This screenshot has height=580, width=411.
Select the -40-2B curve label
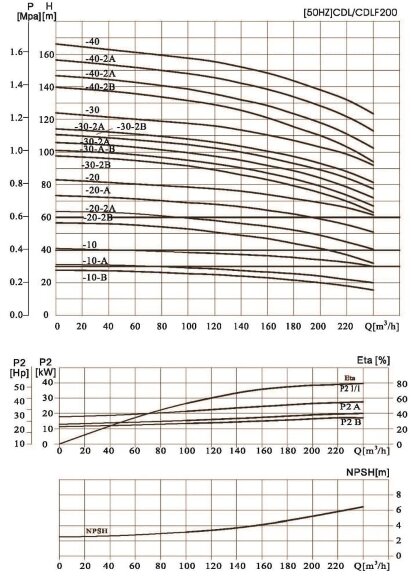pyautogui.click(x=101, y=87)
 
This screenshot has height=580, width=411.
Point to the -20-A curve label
pyautogui.click(x=98, y=189)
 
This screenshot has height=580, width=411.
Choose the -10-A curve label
pyautogui.click(x=96, y=260)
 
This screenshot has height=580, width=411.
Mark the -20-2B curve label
pyautogui.click(x=99, y=217)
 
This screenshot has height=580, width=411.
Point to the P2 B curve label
pyautogui.click(x=350, y=422)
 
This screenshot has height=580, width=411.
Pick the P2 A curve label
pyautogui.click(x=350, y=406)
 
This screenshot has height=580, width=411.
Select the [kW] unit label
pyautogui.click(x=45, y=372)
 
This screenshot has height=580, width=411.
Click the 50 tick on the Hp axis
pyautogui.click(x=18, y=386)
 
